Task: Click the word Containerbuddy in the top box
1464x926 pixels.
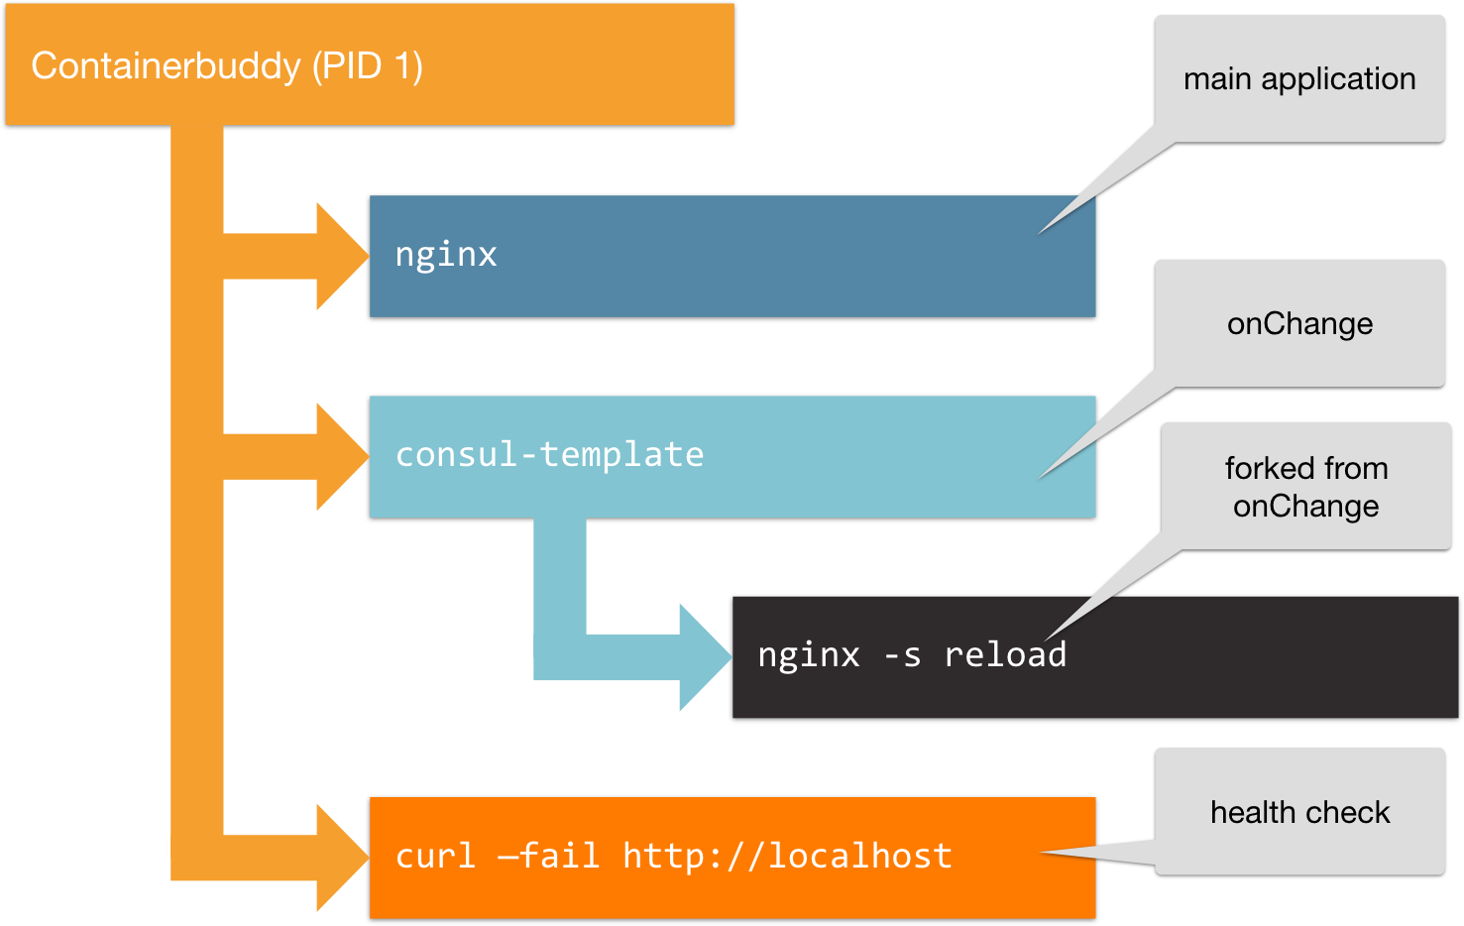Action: pos(166,66)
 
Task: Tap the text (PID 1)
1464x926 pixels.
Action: pos(368,66)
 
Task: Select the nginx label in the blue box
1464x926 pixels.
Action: pos(446,255)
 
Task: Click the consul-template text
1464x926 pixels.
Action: pos(549,455)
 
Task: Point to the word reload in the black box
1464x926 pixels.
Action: pos(1004,655)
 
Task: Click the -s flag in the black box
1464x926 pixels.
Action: pos(902,655)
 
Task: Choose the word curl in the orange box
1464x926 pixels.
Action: pos(435,856)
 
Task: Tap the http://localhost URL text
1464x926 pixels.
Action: pos(787,856)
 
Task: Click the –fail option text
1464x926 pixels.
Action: pos(548,856)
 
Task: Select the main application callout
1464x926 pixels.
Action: pos(1299,79)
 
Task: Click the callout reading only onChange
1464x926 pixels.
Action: pos(1299,324)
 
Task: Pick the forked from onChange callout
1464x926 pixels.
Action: pos(1305,487)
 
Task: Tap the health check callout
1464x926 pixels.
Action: pos(1299,812)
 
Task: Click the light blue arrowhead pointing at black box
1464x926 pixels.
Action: pos(705,656)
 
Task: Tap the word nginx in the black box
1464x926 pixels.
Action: pos(808,655)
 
